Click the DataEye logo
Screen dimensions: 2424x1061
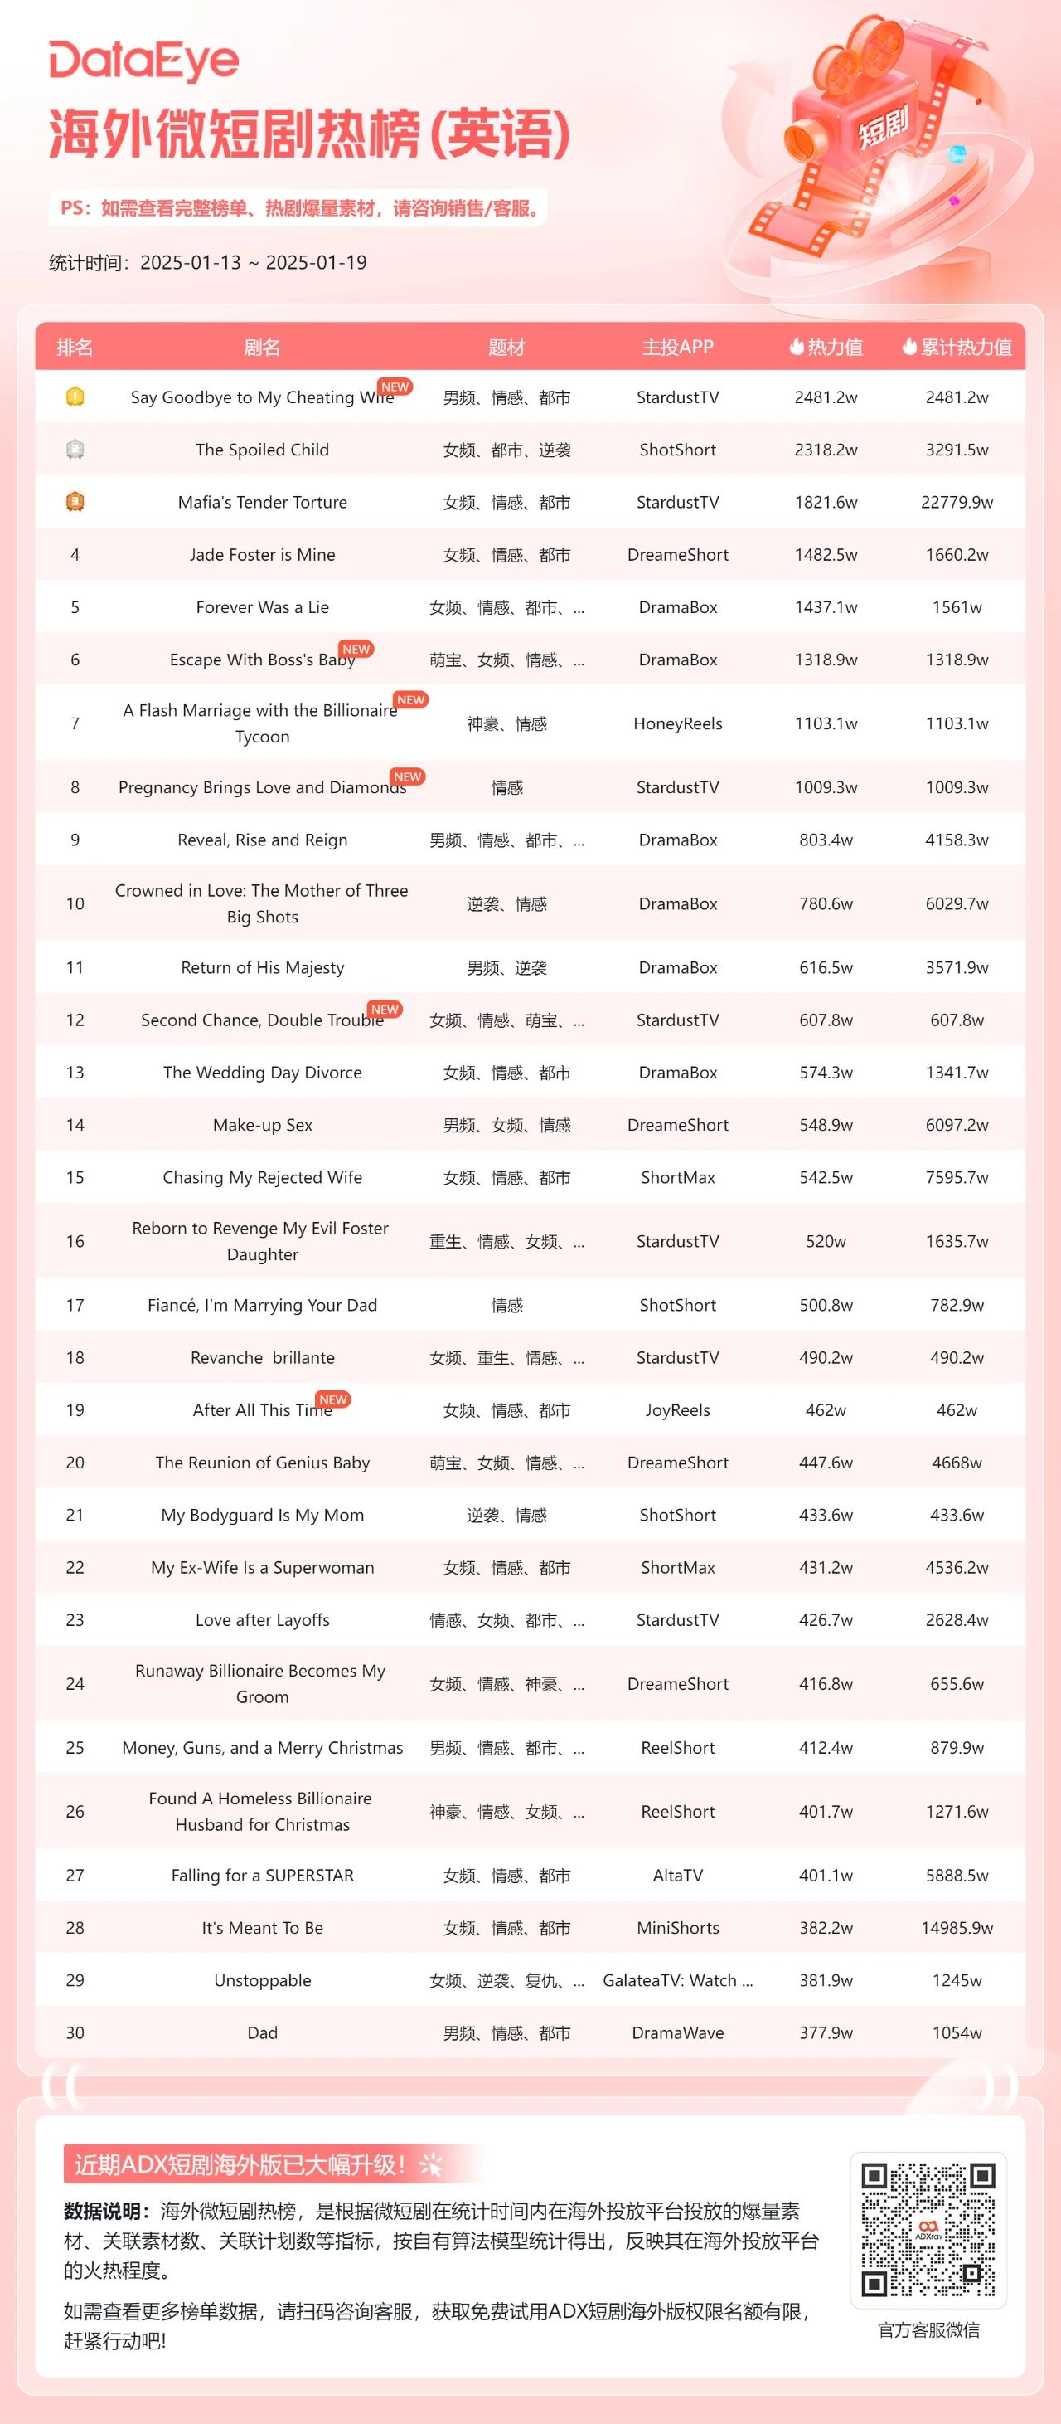coord(144,61)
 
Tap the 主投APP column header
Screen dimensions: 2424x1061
coord(677,348)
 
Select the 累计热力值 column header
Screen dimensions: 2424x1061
coord(957,348)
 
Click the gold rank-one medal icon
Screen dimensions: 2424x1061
coord(75,397)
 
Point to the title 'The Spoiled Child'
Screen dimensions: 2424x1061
coord(263,450)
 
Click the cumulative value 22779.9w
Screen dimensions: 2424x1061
coord(957,503)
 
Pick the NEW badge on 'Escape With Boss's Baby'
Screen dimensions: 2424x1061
coord(356,650)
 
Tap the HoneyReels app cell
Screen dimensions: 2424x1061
coord(677,723)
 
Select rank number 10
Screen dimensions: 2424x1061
coord(75,903)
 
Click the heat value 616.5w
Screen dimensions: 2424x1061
coord(826,967)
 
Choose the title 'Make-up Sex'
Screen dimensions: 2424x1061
coord(263,1125)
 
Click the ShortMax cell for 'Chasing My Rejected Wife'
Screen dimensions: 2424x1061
coord(677,1177)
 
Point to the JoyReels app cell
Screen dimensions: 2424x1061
coord(677,1409)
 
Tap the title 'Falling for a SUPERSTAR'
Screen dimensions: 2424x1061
coord(263,1876)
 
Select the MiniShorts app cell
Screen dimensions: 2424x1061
coord(677,1928)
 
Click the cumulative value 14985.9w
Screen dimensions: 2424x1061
coord(957,1928)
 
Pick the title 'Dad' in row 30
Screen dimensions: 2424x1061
coord(263,2032)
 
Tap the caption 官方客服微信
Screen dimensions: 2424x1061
coord(928,2330)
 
